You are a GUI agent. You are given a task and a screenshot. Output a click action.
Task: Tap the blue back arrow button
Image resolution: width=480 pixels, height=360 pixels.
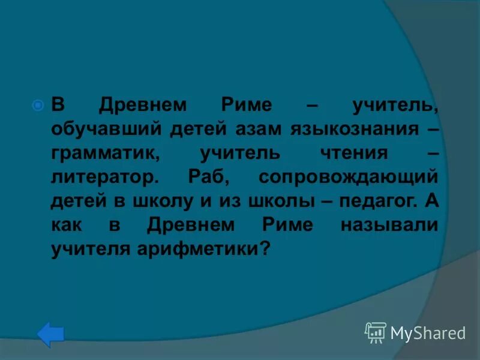coord(50,334)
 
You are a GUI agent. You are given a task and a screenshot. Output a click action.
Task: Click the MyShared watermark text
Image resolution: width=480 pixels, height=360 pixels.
coord(428,333)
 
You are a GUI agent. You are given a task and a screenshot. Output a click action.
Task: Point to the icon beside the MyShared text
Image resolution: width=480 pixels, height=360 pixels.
coord(376,332)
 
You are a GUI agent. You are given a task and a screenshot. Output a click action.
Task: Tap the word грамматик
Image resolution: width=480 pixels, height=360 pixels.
coord(104,153)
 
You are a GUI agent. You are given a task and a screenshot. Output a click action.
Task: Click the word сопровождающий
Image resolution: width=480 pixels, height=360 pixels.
coord(348,177)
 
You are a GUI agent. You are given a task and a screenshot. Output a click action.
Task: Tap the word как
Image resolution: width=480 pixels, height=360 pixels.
coord(65,225)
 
